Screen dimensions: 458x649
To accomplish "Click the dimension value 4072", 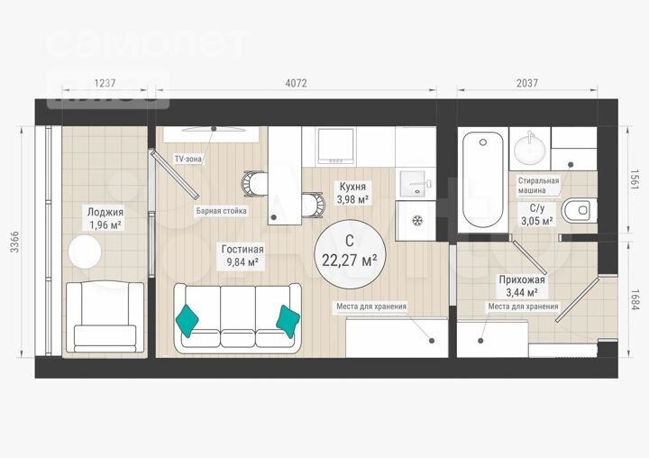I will [297, 83].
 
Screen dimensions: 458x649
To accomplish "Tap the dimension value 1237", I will [105, 83].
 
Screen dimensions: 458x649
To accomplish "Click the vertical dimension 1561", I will [634, 179].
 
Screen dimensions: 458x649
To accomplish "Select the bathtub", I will [482, 180].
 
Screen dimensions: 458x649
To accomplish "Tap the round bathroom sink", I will [526, 147].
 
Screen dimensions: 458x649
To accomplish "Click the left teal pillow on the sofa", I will [187, 317].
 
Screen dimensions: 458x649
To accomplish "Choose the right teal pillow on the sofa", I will [288, 317].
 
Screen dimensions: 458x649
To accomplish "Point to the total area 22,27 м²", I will [349, 260].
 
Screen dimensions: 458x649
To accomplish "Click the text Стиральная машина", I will [538, 186].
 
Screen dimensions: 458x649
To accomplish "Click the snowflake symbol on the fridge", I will [416, 221].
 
